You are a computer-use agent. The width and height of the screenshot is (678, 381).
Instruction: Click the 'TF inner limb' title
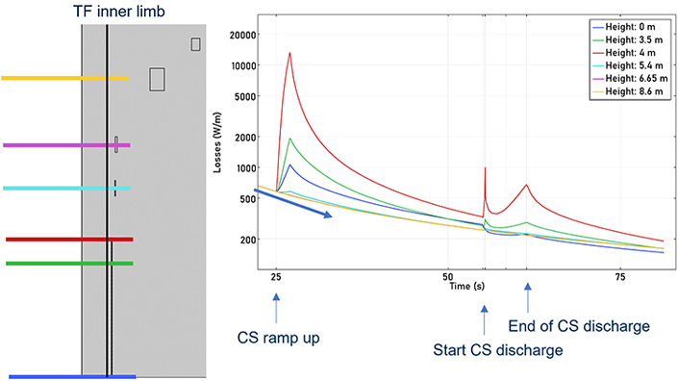[x=119, y=11]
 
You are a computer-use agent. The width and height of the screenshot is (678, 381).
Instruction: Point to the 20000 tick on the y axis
[x=242, y=35]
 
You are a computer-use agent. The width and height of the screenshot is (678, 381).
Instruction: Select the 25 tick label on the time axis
[x=276, y=277]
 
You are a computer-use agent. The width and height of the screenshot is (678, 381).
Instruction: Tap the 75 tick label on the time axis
[x=620, y=277]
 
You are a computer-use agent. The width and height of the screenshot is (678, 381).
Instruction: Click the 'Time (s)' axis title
[x=466, y=286]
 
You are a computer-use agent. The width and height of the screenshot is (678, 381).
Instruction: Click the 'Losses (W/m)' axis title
[x=217, y=142]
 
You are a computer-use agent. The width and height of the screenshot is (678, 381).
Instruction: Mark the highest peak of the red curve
[x=289, y=53]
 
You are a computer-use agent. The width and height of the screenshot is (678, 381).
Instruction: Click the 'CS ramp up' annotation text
[x=279, y=338]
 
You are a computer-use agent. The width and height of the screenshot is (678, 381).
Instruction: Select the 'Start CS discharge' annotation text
[x=498, y=349]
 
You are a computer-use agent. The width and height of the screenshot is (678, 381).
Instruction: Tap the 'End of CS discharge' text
[x=579, y=325]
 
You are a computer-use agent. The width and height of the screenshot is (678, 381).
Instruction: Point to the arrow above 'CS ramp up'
[x=276, y=308]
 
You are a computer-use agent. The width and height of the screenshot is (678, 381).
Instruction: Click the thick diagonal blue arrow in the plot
[x=292, y=203]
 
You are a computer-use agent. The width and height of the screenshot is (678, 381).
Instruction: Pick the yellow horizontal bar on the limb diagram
[x=64, y=78]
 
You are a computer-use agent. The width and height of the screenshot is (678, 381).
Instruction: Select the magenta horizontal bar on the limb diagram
[x=66, y=145]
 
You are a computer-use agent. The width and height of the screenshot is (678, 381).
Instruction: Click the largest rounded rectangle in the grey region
[x=157, y=79]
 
